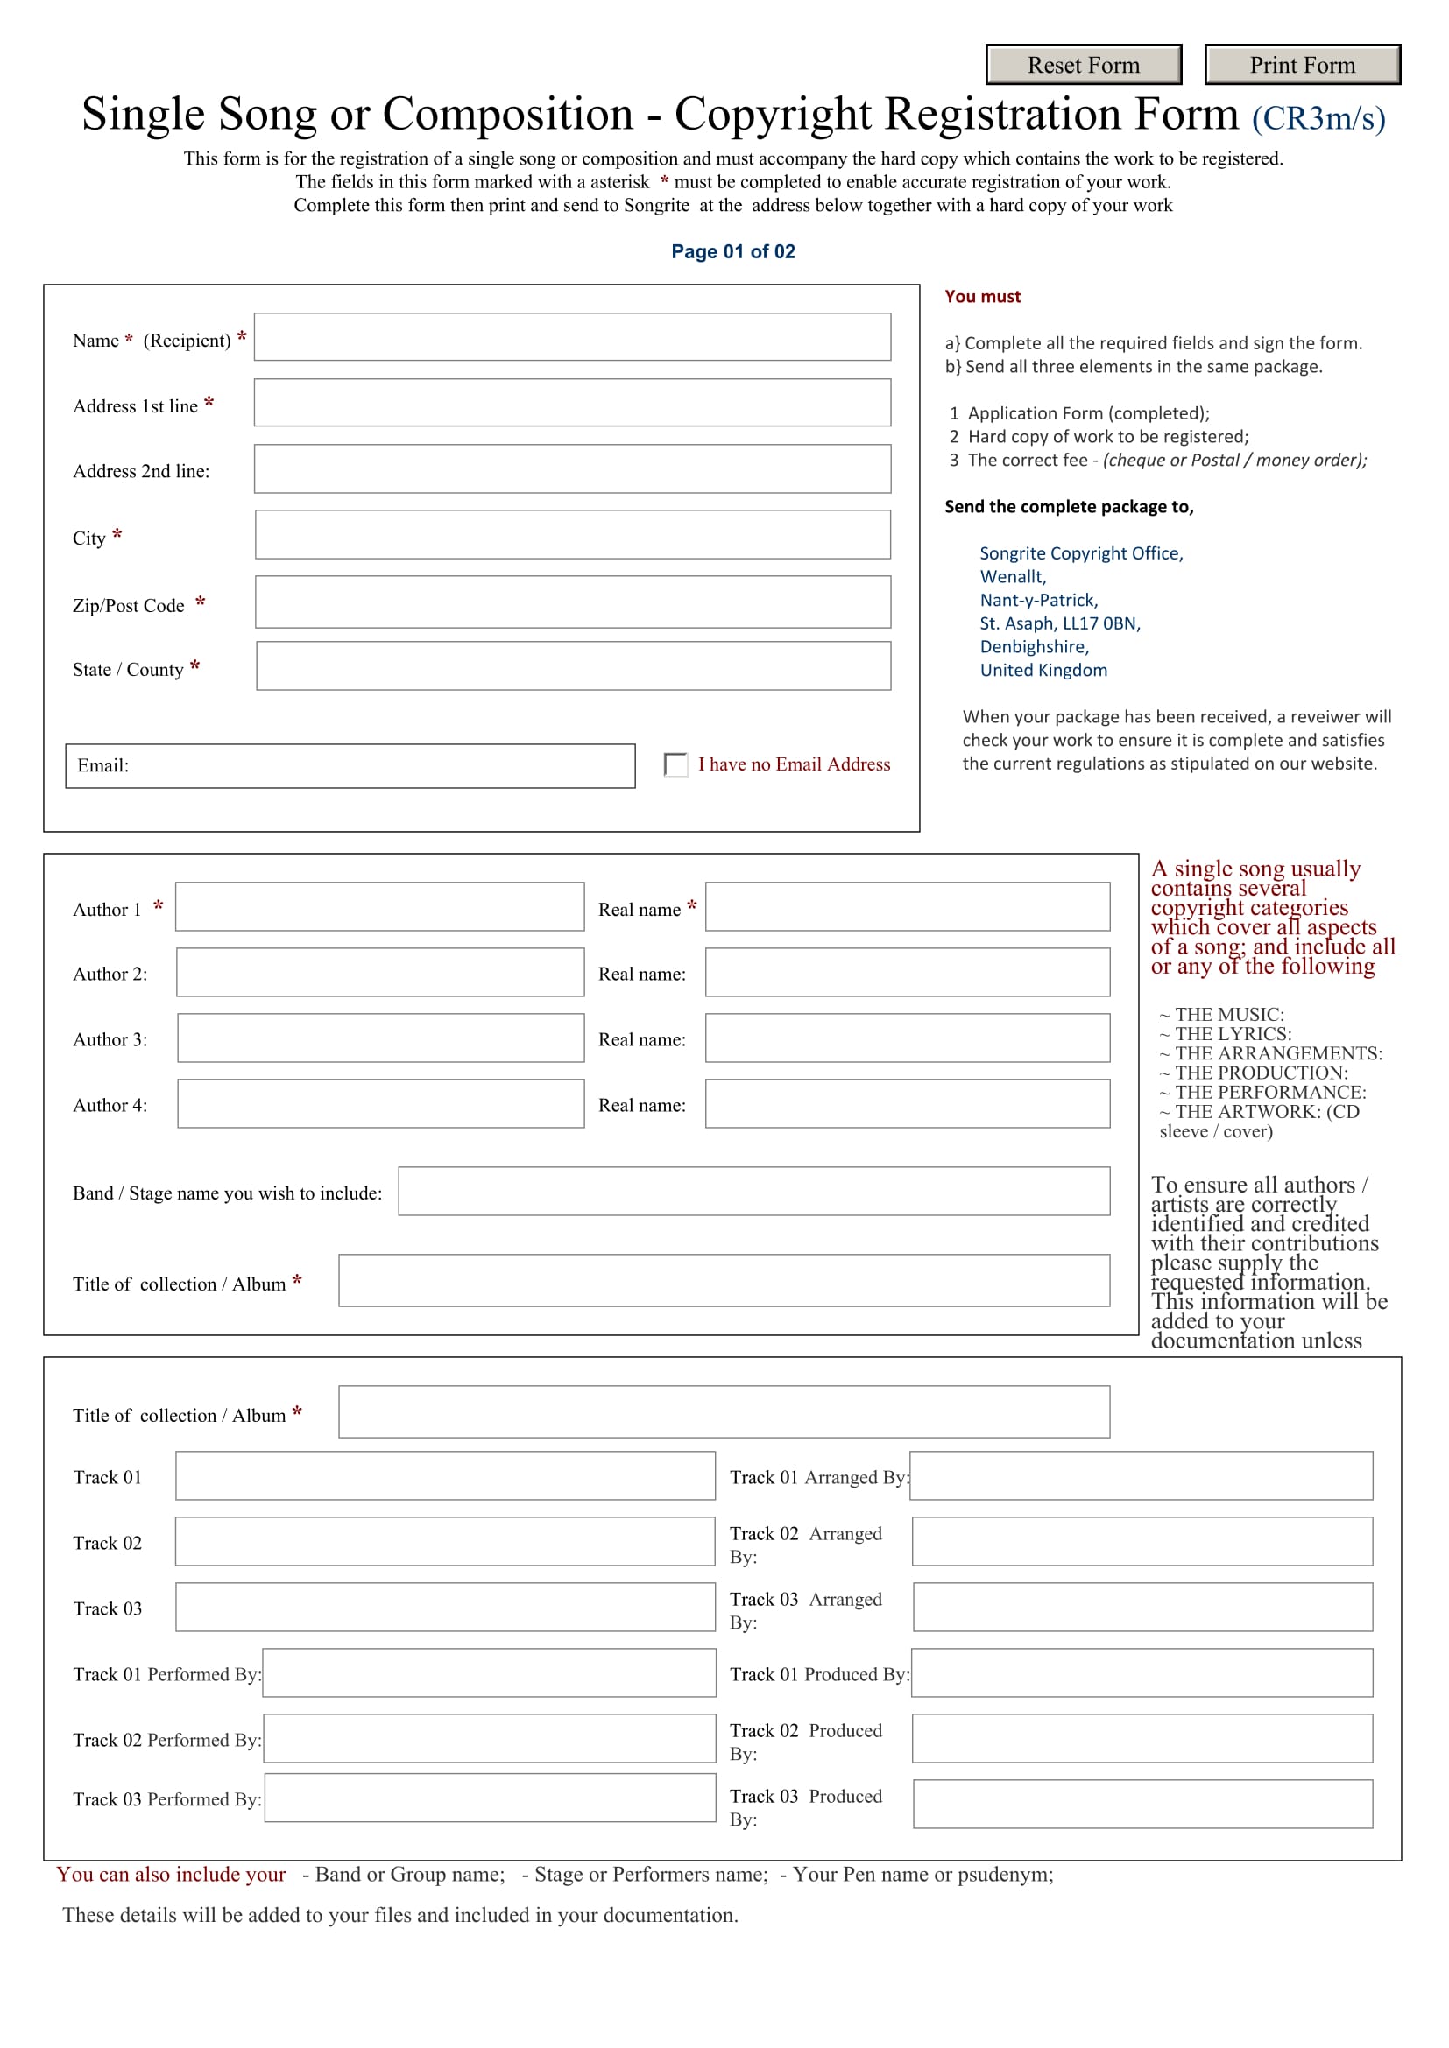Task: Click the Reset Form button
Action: click(x=1083, y=64)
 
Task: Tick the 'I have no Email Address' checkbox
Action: click(x=675, y=764)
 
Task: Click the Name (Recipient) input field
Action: click(x=572, y=336)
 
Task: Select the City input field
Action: click(x=572, y=534)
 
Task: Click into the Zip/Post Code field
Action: click(x=572, y=602)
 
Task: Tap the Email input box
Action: click(x=375, y=765)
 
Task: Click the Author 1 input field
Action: click(x=379, y=906)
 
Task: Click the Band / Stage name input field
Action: click(x=753, y=1191)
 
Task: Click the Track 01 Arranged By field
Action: click(x=1141, y=1475)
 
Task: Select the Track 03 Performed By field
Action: click(x=490, y=1798)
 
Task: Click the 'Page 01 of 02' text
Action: click(x=732, y=251)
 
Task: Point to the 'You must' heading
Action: click(x=981, y=296)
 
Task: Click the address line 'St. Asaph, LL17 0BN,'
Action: click(x=1059, y=623)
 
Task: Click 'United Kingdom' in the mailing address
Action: click(x=1043, y=670)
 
